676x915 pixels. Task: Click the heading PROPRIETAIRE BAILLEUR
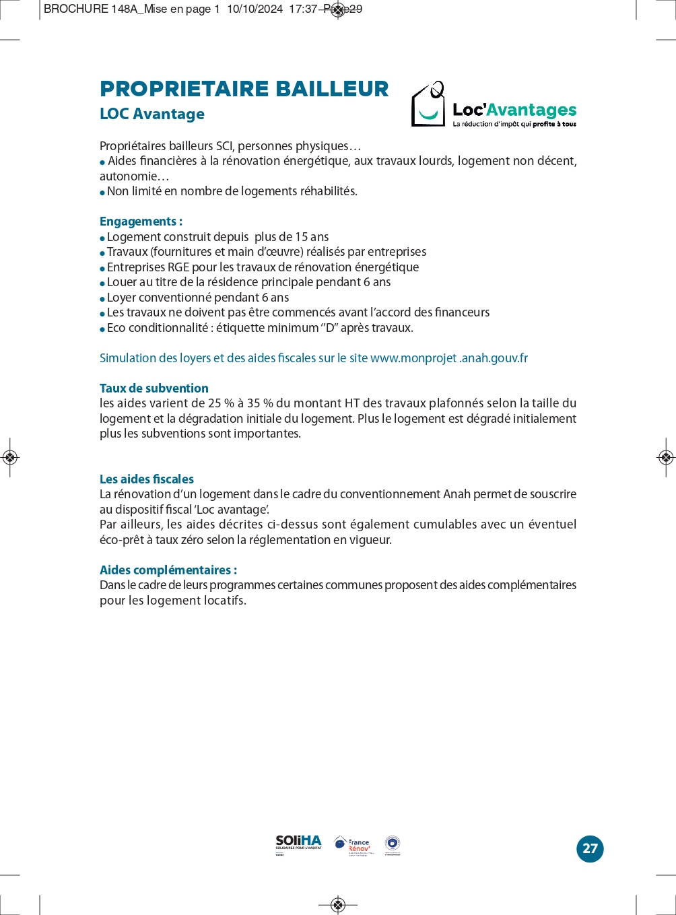click(244, 89)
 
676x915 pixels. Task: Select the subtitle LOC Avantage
click(152, 114)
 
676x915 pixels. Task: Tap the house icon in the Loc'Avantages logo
click(428, 105)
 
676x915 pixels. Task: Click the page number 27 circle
click(590, 848)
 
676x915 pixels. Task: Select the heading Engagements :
click(141, 222)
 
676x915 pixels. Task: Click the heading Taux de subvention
click(154, 388)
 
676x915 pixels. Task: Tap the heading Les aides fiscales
click(147, 479)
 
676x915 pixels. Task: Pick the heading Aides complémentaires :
click(168, 570)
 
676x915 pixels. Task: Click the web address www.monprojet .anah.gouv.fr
click(449, 358)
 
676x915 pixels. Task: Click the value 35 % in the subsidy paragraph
click(260, 403)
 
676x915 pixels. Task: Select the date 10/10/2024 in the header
click(255, 9)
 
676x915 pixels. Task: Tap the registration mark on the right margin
click(666, 458)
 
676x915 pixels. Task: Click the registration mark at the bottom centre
click(339, 904)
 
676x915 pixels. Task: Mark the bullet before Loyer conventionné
click(102, 298)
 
